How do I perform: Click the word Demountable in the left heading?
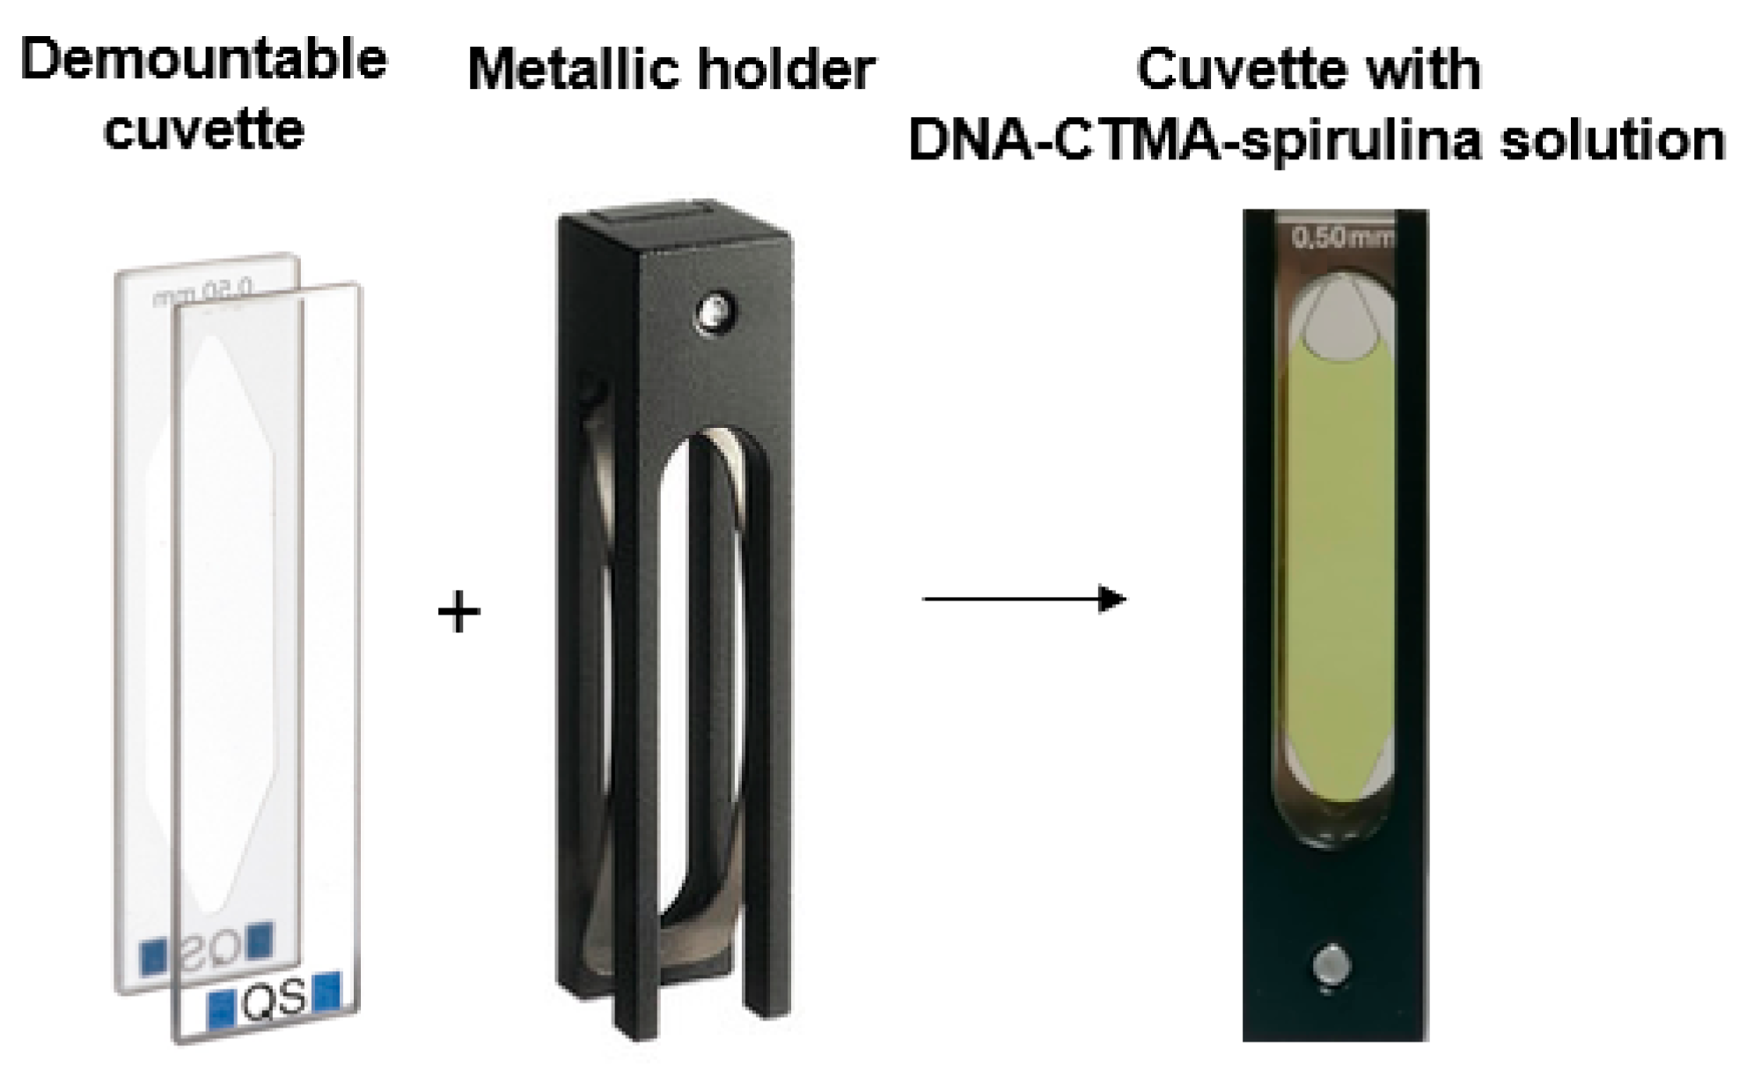pyautogui.click(x=203, y=60)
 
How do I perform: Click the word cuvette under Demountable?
pyautogui.click(x=203, y=129)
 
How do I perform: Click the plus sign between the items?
pyautogui.click(x=459, y=612)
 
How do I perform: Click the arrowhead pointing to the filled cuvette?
pyautogui.click(x=1113, y=600)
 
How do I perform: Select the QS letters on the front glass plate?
pyautogui.click(x=274, y=999)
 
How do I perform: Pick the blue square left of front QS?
pyautogui.click(x=220, y=1007)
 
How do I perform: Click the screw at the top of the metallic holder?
pyautogui.click(x=716, y=313)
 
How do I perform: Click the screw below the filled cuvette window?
pyautogui.click(x=1332, y=966)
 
